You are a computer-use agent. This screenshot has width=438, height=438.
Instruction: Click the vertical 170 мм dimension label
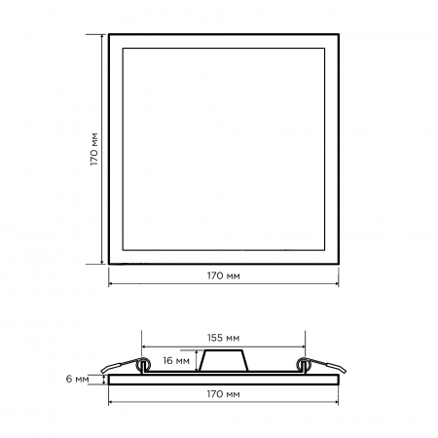tap(94, 149)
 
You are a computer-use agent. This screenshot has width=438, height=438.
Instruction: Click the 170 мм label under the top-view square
tap(224, 275)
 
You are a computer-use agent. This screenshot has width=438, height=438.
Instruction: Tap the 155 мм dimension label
tap(224, 338)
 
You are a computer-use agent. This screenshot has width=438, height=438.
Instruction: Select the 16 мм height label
tap(176, 360)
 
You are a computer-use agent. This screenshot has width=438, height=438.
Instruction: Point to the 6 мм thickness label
tap(77, 379)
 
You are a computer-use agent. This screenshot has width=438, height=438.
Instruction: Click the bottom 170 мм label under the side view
tap(224, 394)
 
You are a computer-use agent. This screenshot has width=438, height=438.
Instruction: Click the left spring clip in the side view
tap(126, 366)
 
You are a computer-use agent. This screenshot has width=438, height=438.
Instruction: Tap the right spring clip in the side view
tap(322, 366)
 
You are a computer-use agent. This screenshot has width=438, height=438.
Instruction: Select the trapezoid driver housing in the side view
tap(224, 361)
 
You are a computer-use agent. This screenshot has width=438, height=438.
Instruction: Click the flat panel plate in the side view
tap(224, 380)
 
